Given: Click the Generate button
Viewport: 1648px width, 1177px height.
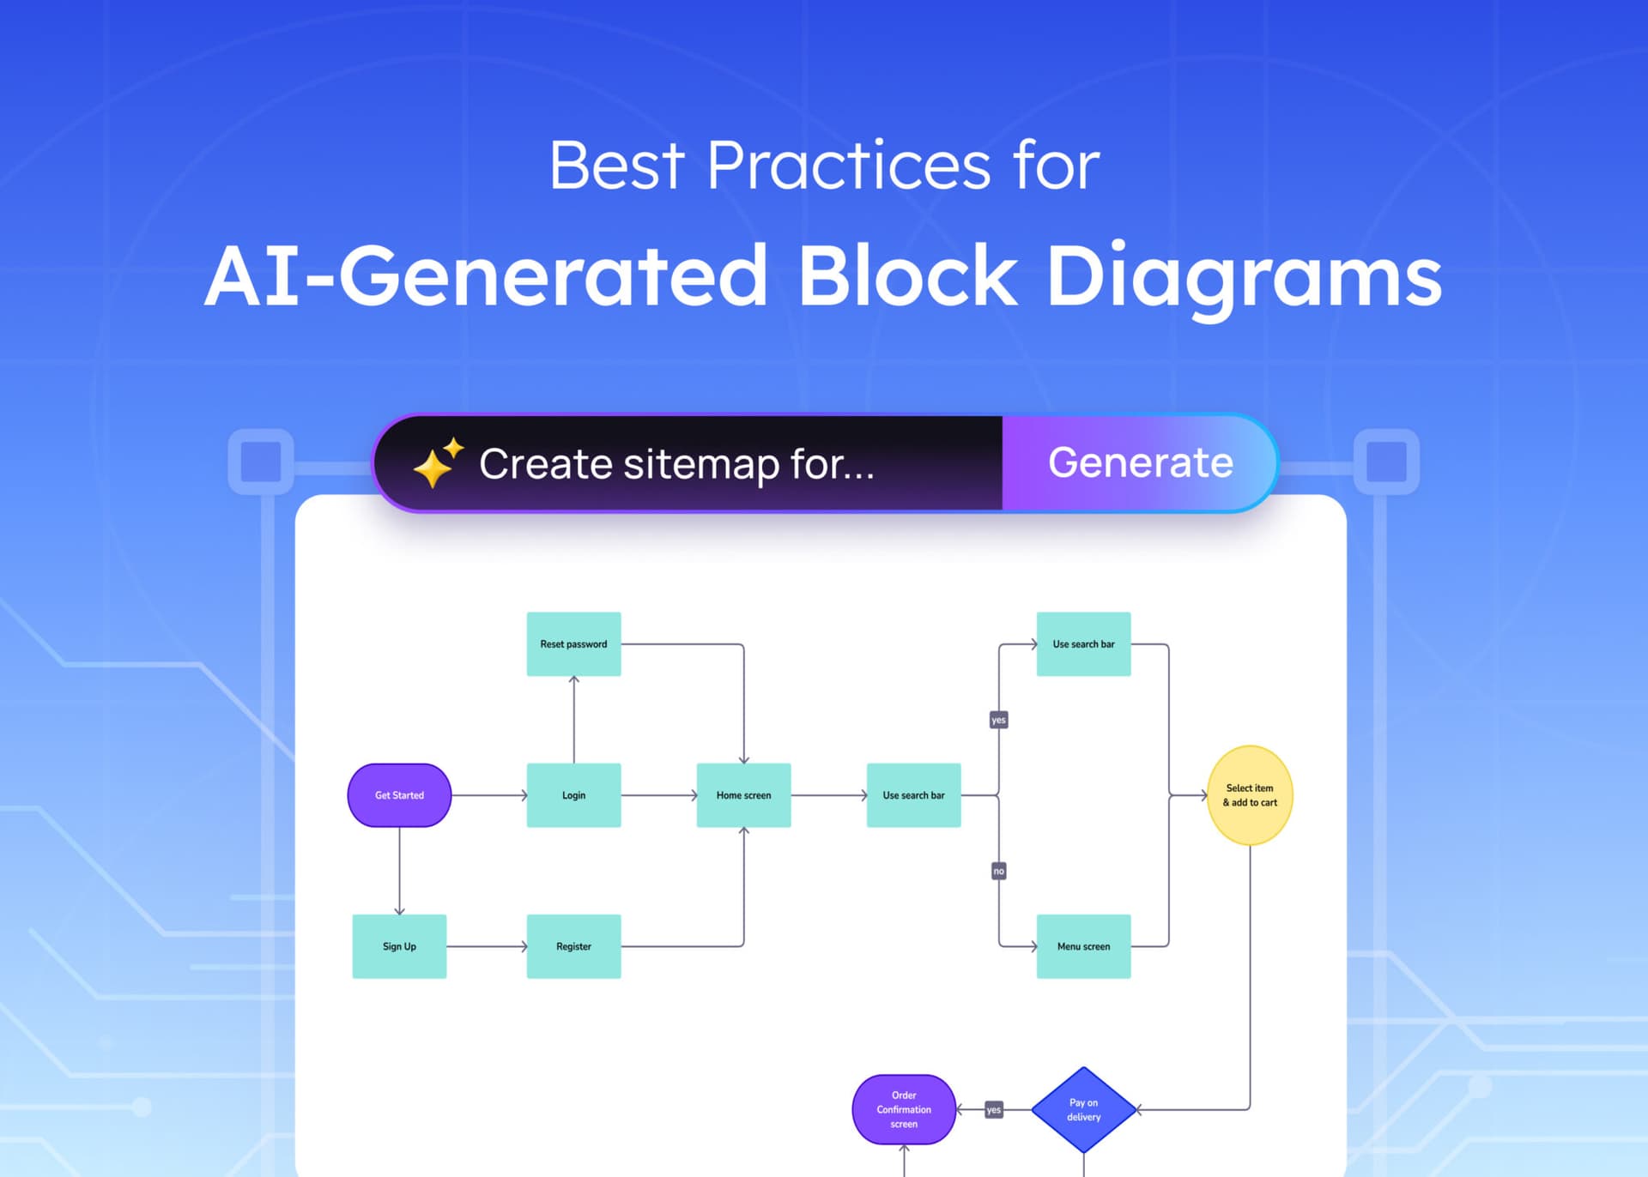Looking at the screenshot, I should (1139, 463).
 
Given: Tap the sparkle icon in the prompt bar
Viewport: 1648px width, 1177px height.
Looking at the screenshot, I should (438, 463).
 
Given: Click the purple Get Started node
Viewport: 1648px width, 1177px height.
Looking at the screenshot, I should (399, 795).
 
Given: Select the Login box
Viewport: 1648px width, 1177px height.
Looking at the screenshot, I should (573, 795).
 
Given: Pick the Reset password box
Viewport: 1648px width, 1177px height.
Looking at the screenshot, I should (573, 644).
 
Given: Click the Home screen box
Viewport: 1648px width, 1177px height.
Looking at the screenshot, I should (743, 795).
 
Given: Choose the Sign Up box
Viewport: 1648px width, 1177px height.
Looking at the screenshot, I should (399, 946).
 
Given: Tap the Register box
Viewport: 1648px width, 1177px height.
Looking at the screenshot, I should (573, 946).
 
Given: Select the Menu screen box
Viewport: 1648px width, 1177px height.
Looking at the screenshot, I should (1083, 946).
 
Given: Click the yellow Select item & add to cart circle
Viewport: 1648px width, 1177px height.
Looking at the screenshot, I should (1250, 795).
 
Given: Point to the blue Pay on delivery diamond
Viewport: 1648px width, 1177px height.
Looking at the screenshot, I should (1083, 1109).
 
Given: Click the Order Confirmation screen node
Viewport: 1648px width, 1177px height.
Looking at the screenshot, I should (904, 1109).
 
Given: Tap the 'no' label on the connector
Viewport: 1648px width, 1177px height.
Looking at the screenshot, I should (998, 871).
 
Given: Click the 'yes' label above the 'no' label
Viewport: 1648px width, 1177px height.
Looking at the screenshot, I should (998, 720).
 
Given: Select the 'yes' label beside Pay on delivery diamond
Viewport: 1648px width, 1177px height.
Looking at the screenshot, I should (993, 1109).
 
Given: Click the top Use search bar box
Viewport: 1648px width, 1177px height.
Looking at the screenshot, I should (1083, 644).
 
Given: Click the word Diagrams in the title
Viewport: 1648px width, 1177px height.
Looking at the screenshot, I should (1244, 276).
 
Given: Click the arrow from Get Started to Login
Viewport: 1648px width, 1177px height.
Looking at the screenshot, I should (488, 795).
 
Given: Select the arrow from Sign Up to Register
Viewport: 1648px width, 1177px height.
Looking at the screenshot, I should (486, 946).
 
